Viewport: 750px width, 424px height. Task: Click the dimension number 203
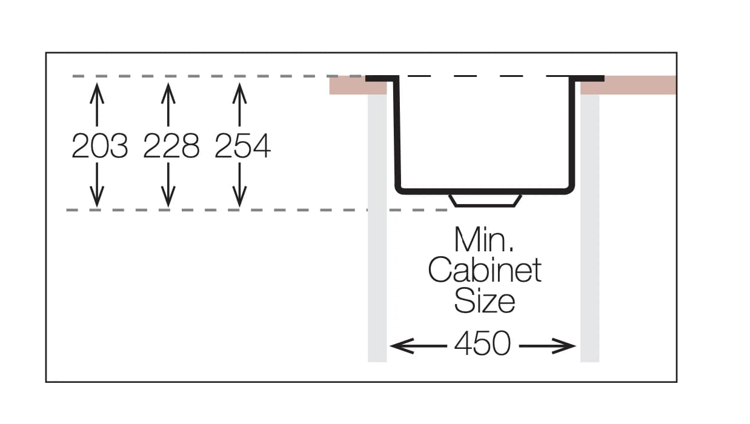[x=99, y=146]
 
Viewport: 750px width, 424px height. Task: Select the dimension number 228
[x=171, y=146]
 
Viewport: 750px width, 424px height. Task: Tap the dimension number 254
[x=242, y=146]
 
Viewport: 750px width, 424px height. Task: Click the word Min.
[x=484, y=240]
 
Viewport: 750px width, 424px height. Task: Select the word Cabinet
[x=484, y=270]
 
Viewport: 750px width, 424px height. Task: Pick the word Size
[x=484, y=300]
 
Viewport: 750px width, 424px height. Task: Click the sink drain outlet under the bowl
[x=485, y=200]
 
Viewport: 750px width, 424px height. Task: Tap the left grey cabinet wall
[x=377, y=242]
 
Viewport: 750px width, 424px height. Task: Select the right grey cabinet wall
[x=589, y=242]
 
